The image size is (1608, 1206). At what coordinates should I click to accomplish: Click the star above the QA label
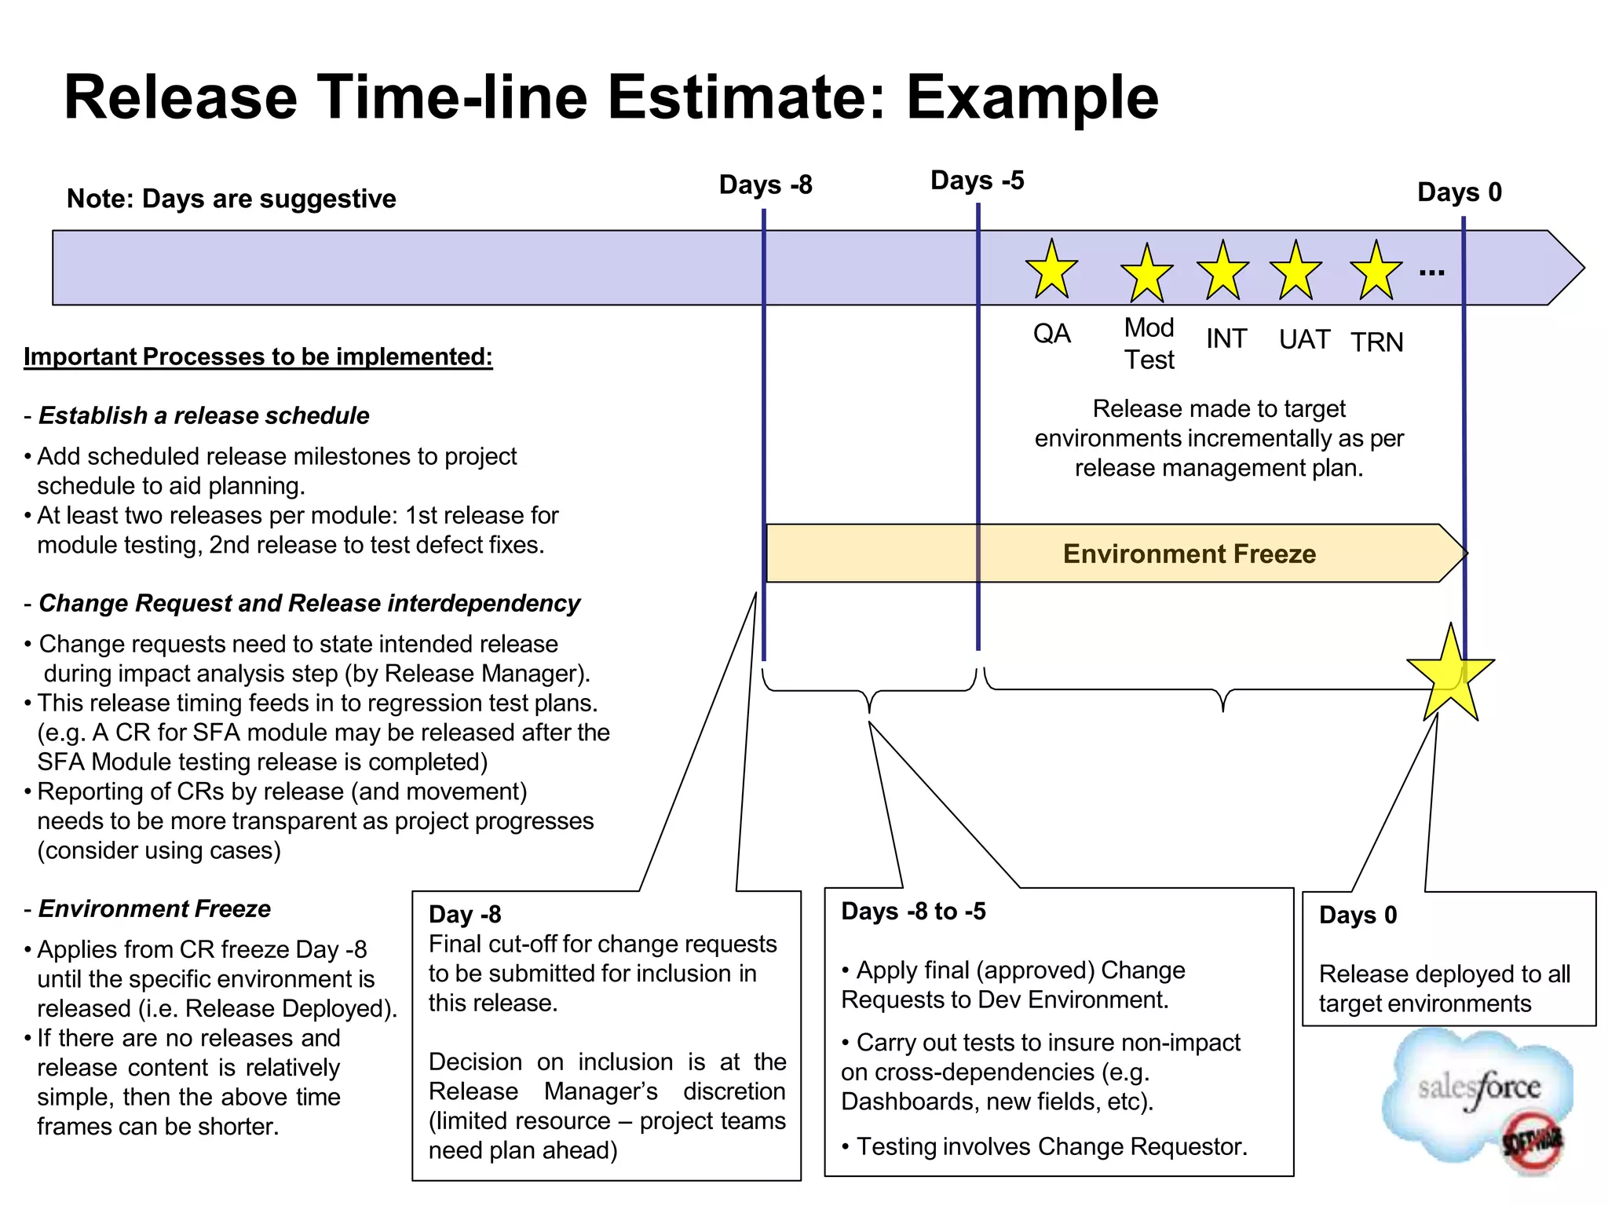(1051, 271)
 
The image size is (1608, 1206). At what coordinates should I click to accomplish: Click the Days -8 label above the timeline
(766, 185)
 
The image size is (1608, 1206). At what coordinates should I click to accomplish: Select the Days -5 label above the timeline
(977, 181)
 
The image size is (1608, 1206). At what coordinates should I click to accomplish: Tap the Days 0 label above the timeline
(1459, 192)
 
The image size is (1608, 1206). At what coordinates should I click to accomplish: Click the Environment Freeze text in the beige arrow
(1189, 554)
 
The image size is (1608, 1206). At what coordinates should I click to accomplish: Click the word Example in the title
(1032, 97)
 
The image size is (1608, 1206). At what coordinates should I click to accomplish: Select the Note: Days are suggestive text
(231, 199)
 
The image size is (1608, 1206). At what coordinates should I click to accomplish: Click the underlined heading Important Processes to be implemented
(258, 357)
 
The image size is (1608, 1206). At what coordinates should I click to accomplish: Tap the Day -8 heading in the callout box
(465, 915)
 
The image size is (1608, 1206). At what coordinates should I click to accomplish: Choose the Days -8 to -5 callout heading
(913, 912)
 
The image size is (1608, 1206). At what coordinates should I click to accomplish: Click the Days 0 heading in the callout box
(1358, 915)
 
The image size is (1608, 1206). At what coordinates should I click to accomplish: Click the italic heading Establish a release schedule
(203, 415)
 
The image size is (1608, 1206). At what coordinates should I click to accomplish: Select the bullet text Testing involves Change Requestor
(1051, 1147)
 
